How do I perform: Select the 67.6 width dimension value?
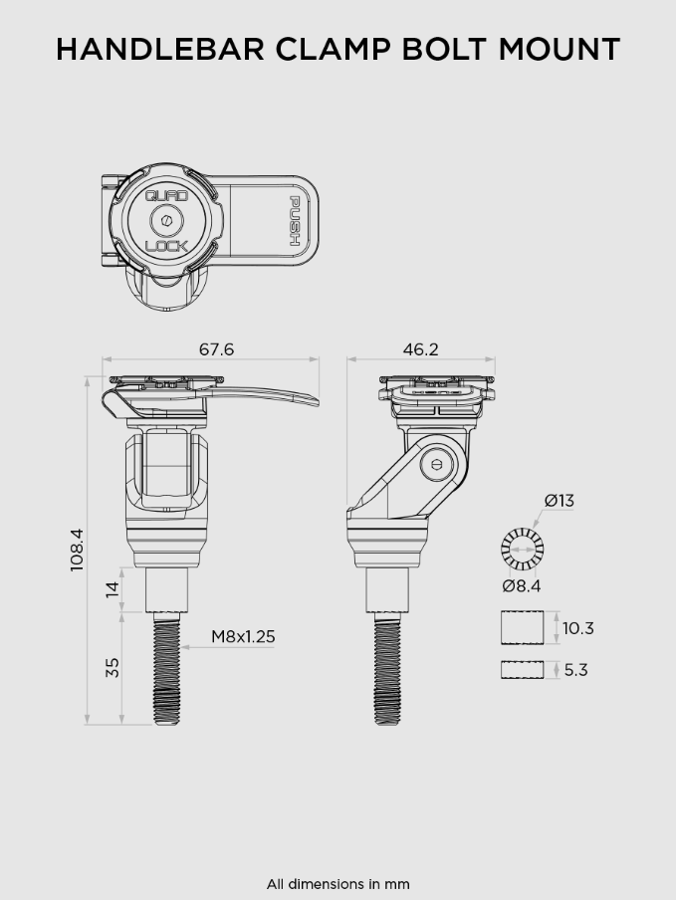point(216,349)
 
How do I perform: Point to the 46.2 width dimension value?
point(420,349)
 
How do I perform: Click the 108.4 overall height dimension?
point(78,550)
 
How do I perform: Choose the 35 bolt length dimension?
point(113,667)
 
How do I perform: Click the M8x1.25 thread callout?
point(243,637)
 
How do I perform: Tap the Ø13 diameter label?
point(560,501)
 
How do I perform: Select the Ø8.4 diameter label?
point(522,586)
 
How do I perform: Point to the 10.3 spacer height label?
point(577,628)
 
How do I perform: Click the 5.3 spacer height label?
point(575,670)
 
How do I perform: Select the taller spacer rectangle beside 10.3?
point(523,628)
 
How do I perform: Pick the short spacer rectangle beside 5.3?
point(523,670)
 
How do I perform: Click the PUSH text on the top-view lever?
point(295,221)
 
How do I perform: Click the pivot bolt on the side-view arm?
point(437,464)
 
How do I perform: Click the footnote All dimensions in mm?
point(338,884)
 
